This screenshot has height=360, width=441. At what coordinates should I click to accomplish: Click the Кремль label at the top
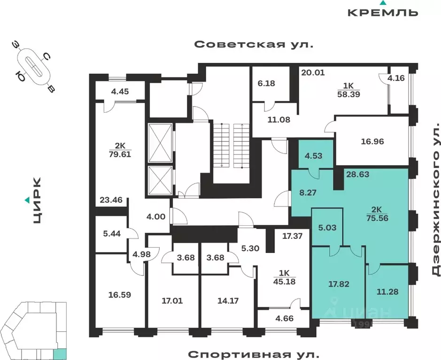pyautogui.click(x=383, y=12)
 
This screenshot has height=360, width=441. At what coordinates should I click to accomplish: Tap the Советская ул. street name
pyautogui.click(x=254, y=45)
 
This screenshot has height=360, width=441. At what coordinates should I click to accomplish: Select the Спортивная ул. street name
pyautogui.click(x=254, y=353)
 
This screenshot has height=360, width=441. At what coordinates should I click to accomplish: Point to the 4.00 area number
pyautogui.click(x=156, y=217)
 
